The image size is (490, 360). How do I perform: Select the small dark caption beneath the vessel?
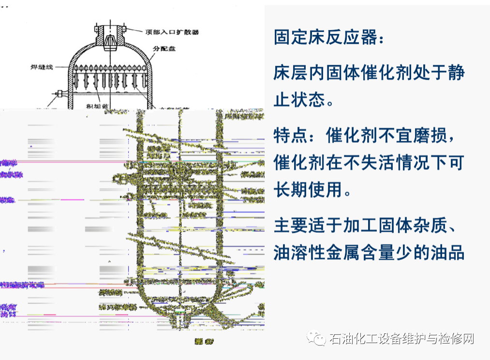tap(204, 342)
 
